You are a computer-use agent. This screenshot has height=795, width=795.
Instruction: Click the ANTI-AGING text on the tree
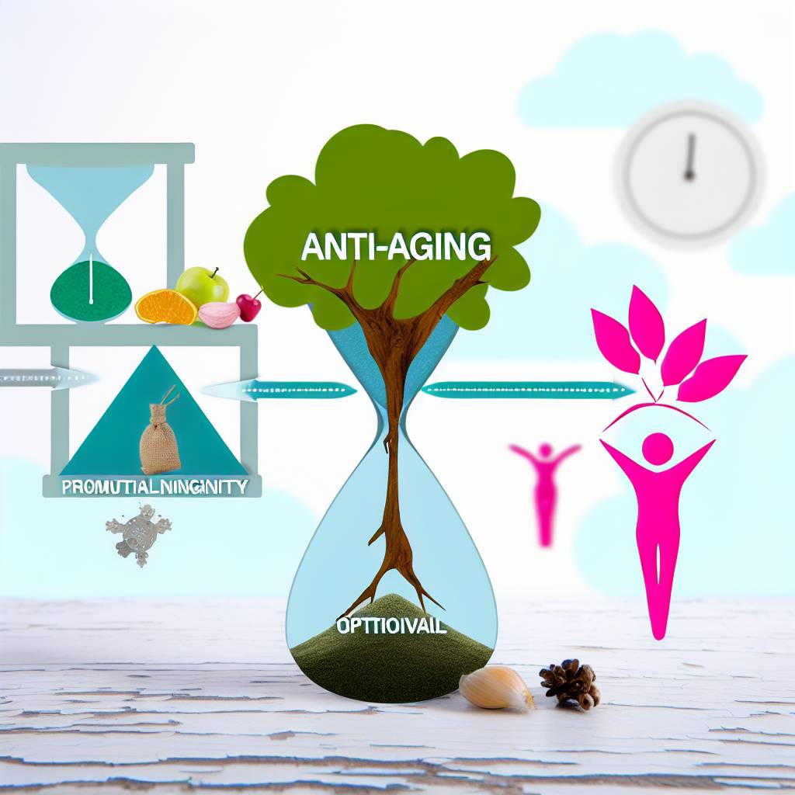coord(395,247)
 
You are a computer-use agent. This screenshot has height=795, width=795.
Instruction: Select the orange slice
coord(165,307)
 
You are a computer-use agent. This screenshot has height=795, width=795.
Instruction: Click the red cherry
coord(249,307)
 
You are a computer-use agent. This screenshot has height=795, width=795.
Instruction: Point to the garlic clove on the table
coord(495,688)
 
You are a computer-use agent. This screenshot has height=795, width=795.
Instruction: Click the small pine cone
coord(571,682)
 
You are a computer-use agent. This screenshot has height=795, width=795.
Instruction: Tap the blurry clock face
coord(689,172)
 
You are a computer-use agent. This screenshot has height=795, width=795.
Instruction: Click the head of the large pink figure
coord(658,448)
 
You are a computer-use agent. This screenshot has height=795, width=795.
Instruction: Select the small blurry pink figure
coord(545,485)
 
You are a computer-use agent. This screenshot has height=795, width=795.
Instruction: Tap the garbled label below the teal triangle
coord(153,488)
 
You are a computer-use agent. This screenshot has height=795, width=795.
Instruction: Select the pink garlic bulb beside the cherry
coord(219,314)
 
